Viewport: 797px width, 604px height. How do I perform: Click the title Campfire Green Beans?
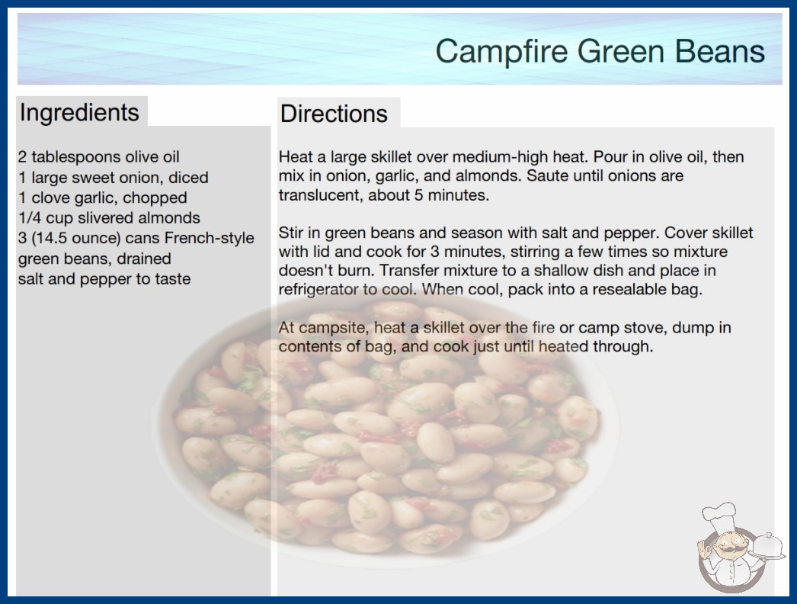pyautogui.click(x=600, y=51)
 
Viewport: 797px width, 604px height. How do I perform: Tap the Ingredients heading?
pyautogui.click(x=79, y=112)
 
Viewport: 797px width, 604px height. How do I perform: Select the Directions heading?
pyautogui.click(x=334, y=114)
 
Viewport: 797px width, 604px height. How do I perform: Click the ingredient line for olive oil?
pyautogui.click(x=98, y=157)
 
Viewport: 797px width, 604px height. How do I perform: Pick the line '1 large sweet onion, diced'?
pyautogui.click(x=114, y=177)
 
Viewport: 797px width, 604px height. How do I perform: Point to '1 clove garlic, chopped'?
pyautogui.click(x=103, y=198)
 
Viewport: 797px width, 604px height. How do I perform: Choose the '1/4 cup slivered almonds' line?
pyautogui.click(x=109, y=218)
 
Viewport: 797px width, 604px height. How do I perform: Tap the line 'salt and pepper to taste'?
pyautogui.click(x=104, y=279)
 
